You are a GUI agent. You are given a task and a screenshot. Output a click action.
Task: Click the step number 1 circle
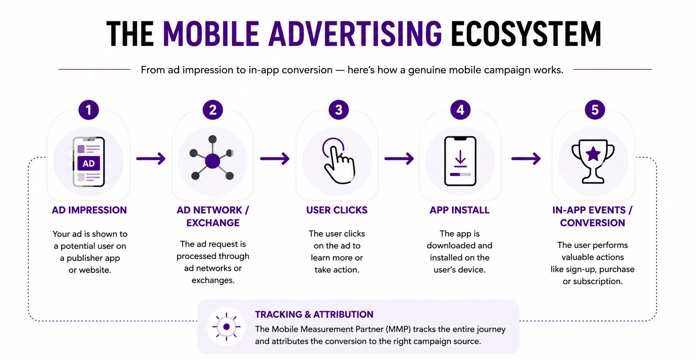(x=89, y=110)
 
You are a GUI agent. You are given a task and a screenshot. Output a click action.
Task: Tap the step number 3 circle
(x=339, y=110)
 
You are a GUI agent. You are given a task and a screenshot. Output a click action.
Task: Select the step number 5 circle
(x=595, y=110)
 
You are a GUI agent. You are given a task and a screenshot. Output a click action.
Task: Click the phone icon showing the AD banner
(x=89, y=162)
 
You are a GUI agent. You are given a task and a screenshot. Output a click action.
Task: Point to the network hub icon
(x=212, y=158)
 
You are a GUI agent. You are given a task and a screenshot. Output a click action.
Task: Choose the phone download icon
(x=460, y=161)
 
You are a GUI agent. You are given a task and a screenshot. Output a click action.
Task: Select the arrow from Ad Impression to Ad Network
(x=151, y=159)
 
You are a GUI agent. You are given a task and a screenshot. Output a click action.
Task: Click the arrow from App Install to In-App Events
(x=526, y=159)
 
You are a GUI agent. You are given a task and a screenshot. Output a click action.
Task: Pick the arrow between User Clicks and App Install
(x=399, y=159)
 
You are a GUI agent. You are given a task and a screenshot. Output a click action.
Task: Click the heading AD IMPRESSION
(x=89, y=210)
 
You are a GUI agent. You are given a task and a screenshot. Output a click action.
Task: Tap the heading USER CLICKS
(x=337, y=210)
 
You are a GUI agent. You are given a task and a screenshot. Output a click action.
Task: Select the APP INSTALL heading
(x=460, y=210)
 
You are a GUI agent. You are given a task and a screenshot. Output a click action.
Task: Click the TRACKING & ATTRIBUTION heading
(x=314, y=315)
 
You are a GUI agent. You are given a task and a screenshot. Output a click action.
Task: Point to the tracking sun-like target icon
(x=226, y=327)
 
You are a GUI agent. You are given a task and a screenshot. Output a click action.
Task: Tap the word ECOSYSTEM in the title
(x=526, y=34)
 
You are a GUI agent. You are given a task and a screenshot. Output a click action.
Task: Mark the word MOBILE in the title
(x=211, y=34)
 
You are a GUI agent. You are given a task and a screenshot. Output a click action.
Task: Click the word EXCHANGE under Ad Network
(x=213, y=223)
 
